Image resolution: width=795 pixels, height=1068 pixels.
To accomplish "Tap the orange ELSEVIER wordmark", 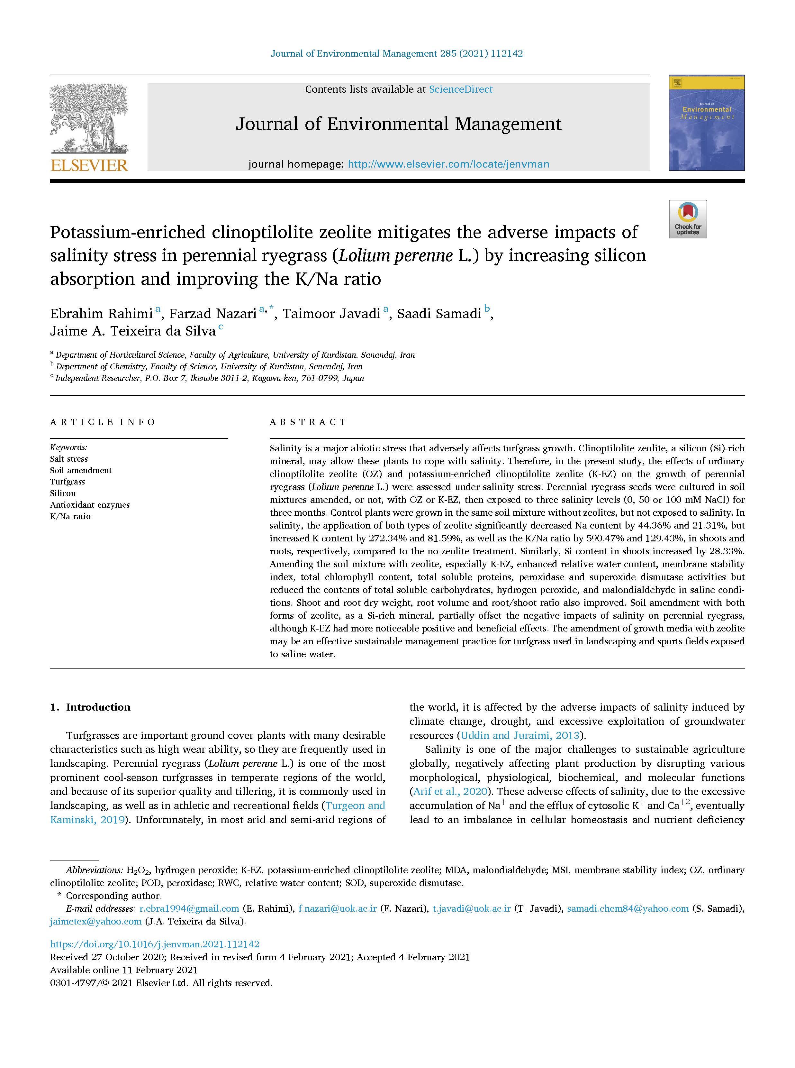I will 89,166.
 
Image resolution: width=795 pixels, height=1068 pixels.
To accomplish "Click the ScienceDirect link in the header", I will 461,89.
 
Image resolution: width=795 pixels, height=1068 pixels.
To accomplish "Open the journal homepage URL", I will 448,164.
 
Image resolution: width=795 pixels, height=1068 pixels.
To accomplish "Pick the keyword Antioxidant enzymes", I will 89,505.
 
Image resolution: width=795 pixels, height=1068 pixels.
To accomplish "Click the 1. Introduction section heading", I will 90,707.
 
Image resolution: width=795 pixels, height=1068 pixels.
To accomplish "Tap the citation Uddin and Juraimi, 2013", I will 520,735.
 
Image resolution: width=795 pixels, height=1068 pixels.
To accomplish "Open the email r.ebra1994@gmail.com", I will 189,909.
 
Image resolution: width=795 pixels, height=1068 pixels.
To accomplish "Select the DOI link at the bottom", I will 155,944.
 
